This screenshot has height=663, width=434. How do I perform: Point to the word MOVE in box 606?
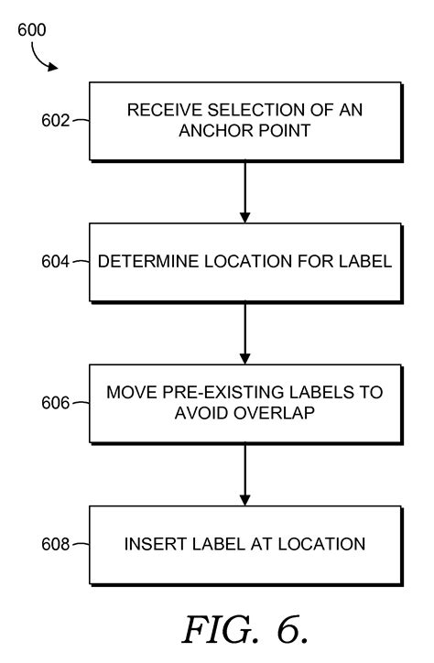tap(129, 393)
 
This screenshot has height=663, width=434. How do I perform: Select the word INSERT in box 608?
tap(150, 544)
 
